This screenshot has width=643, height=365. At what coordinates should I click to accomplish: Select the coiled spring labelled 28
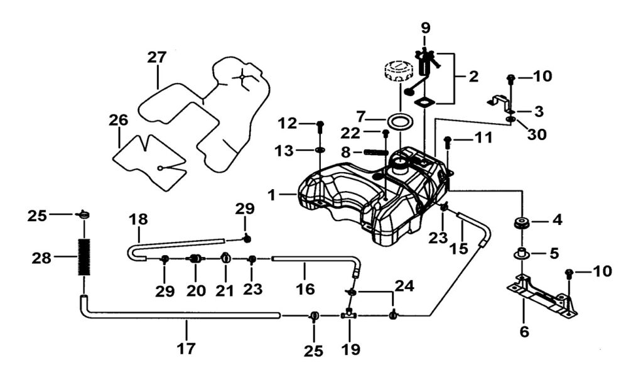84,256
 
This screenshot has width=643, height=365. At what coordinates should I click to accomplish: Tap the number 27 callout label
157,57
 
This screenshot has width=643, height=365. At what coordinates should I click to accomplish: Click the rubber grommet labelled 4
521,223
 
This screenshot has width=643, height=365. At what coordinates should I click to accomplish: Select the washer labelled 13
320,150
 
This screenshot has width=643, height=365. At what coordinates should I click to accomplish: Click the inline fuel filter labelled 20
195,258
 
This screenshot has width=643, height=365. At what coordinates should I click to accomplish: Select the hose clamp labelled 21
226,258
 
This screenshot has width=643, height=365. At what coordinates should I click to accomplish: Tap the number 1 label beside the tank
272,195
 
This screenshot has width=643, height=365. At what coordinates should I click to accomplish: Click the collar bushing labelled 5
521,254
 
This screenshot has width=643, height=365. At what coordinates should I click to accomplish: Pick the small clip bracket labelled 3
499,101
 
